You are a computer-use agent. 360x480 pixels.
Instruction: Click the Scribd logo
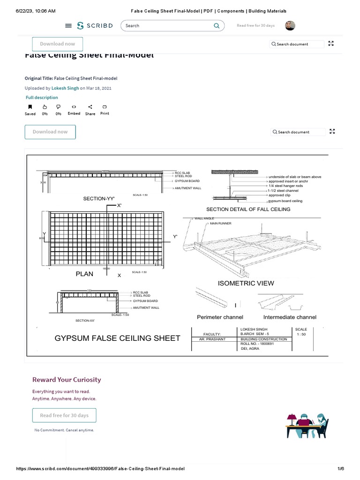95,26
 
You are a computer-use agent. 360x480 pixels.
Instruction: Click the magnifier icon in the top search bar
217,26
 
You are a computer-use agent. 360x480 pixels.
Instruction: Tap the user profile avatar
290,26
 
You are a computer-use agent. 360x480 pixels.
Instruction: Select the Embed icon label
74,113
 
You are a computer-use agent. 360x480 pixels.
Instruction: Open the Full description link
42,97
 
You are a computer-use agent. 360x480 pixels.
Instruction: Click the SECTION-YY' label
99,199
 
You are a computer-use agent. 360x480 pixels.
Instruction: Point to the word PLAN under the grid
84,274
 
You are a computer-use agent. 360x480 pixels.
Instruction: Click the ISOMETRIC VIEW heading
246,283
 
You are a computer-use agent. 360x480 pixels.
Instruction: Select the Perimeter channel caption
220,317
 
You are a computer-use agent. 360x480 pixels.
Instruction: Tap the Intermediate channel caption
290,317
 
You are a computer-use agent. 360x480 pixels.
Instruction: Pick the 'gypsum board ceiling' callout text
285,201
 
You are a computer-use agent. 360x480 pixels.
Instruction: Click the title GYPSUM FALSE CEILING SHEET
118,338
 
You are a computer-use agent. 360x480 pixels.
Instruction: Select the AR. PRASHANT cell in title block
212,339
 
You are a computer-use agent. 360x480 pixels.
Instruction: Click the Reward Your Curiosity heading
67,380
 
